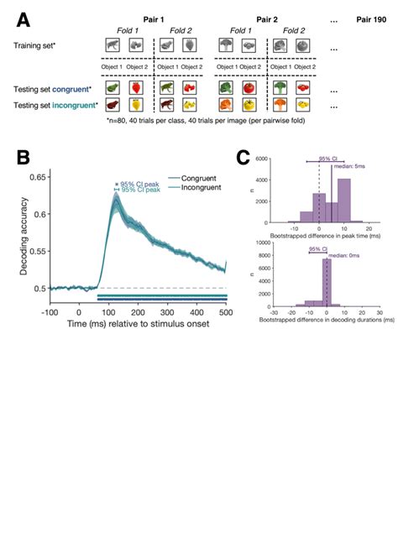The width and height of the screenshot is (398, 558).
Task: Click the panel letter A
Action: point(23,19)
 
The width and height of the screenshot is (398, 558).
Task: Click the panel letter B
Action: point(23,158)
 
